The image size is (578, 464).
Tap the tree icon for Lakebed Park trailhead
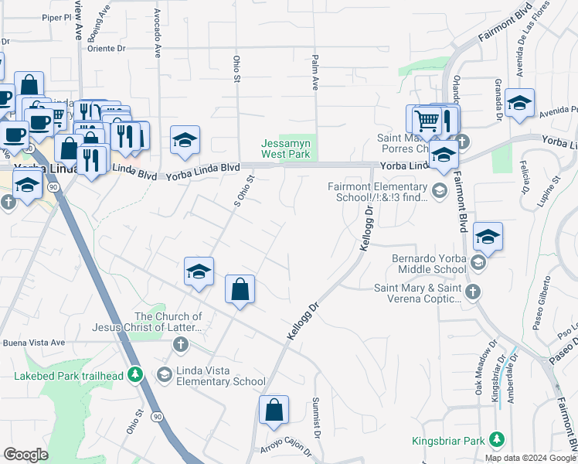point(136,375)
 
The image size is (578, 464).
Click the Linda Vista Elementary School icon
point(164,375)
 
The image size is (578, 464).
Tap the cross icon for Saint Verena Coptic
point(474,292)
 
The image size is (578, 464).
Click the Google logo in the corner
point(26,454)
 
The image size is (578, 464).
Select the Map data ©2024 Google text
point(529,458)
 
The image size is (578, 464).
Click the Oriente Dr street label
point(105,46)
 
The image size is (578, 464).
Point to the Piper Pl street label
point(56,16)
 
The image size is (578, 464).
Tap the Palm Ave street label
point(315,73)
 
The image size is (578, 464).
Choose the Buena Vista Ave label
point(34,343)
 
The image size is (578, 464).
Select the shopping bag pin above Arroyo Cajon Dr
point(274,411)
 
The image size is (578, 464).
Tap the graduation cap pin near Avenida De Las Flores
point(520,103)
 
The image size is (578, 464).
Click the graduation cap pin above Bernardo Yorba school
point(488,237)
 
